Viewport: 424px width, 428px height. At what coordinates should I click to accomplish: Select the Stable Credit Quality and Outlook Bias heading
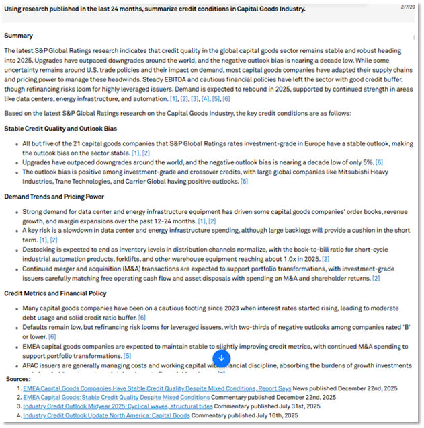tap(60, 127)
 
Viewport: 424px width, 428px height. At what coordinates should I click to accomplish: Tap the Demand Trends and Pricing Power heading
tap(54, 197)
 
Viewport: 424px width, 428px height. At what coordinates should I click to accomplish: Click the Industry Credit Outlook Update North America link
tap(106, 416)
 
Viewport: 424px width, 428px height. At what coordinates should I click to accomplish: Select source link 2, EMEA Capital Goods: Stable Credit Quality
tap(116, 398)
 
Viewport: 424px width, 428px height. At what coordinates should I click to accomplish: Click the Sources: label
tap(17, 380)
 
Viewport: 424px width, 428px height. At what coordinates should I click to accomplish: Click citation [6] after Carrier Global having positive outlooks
tap(244, 181)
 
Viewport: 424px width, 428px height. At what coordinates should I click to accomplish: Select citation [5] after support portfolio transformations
tap(128, 355)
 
